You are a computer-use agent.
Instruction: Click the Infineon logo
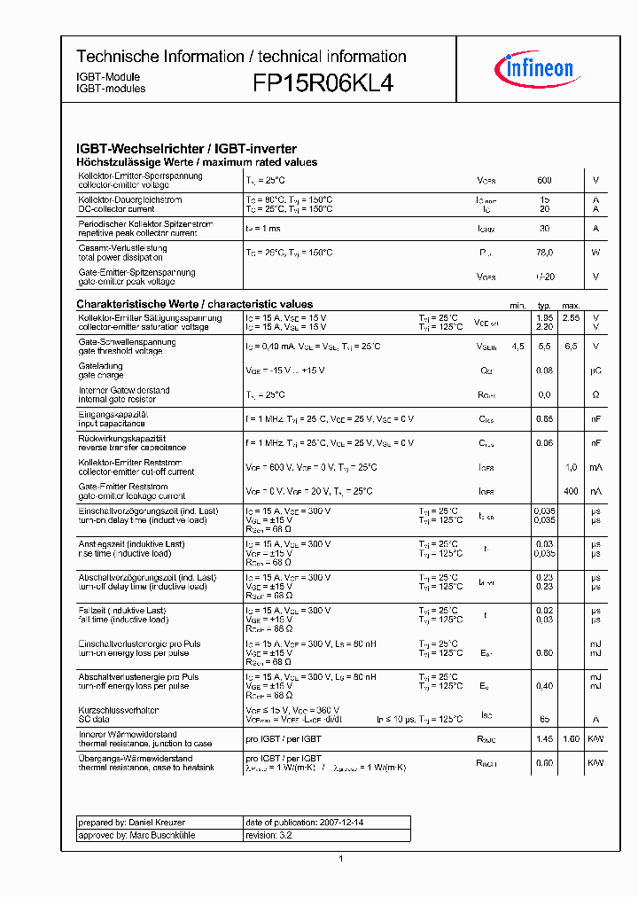tap(539, 68)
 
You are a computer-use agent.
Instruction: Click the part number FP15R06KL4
tap(323, 83)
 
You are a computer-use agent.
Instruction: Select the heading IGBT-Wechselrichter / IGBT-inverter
tap(186, 149)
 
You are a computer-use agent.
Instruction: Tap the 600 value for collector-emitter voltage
tap(544, 181)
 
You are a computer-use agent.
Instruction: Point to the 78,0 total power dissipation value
tap(544, 253)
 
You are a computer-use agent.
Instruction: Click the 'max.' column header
tap(571, 304)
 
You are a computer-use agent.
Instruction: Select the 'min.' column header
tap(517, 304)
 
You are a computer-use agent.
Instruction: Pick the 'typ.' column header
tap(544, 304)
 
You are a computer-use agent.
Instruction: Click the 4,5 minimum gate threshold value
tap(517, 347)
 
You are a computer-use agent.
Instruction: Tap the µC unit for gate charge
tap(595, 370)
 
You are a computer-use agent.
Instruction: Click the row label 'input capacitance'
tap(112, 424)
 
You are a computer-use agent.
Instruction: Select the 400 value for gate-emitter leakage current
tap(571, 491)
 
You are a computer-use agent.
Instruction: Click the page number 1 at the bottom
tap(340, 858)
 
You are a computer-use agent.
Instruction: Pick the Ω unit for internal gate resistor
tap(595, 394)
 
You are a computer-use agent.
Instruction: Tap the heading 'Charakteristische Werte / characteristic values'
tap(194, 304)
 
